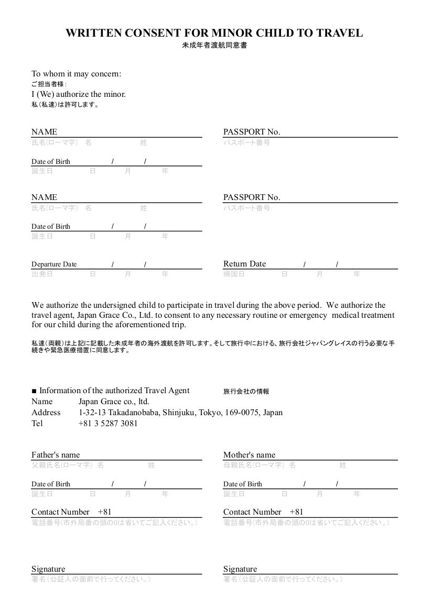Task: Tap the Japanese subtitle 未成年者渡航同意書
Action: click(214, 46)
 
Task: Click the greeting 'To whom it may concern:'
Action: click(76, 74)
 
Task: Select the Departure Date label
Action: click(54, 264)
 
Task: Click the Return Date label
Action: click(244, 264)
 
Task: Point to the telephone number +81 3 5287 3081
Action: click(108, 424)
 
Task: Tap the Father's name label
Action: click(56, 455)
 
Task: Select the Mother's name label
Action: click(249, 455)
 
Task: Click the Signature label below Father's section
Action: click(48, 569)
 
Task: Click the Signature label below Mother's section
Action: click(240, 569)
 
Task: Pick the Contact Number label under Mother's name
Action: click(252, 512)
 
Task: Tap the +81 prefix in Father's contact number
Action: click(105, 512)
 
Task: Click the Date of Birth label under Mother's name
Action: click(243, 484)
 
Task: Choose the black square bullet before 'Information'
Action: click(34, 391)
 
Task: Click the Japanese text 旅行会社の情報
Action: click(246, 392)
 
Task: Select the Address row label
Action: click(46, 413)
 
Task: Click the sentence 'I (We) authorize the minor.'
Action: click(79, 94)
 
